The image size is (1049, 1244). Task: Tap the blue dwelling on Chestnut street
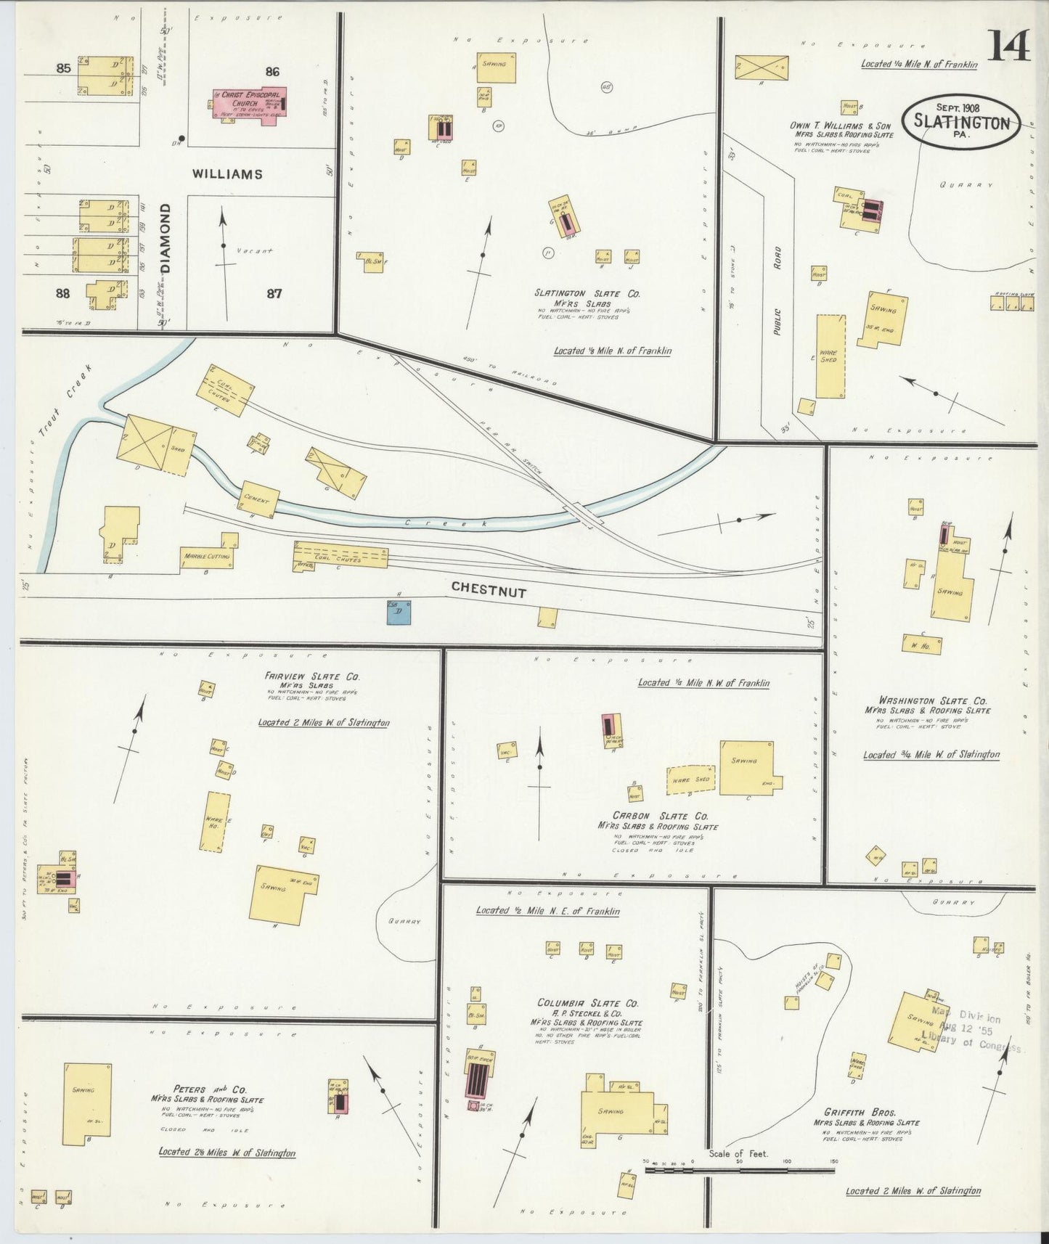click(x=399, y=611)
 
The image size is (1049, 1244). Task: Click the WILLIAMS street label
click(x=226, y=174)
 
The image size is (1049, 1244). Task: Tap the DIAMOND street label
click(x=166, y=237)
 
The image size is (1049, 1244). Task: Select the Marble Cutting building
click(x=208, y=556)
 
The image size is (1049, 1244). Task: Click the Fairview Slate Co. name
click(x=313, y=676)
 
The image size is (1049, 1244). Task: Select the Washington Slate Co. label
click(x=933, y=701)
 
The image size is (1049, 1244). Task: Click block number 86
click(x=272, y=71)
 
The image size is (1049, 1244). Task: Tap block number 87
click(x=274, y=294)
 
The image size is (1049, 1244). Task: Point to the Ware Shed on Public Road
click(x=830, y=356)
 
